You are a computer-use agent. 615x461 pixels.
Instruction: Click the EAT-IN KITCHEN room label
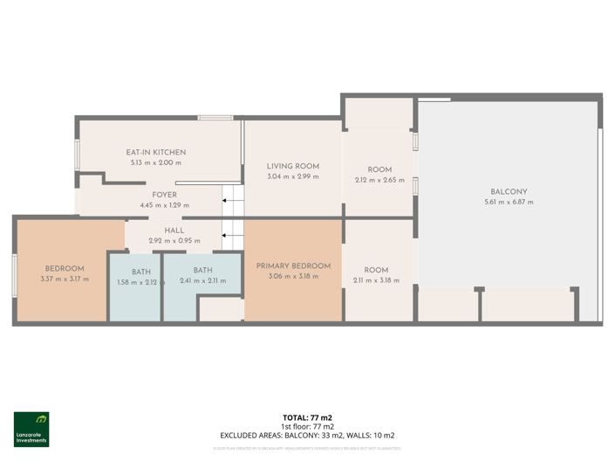[156, 152]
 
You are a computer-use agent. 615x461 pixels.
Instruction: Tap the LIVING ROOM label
[293, 166]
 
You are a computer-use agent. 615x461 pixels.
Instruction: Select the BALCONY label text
[509, 191]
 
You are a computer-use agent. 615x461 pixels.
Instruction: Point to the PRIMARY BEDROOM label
[293, 265]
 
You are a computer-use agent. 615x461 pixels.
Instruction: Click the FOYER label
[164, 195]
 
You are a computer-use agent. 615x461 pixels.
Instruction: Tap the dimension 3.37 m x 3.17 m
[65, 279]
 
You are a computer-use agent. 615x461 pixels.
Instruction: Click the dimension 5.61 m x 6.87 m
[509, 202]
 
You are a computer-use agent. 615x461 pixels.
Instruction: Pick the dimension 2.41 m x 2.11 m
[202, 280]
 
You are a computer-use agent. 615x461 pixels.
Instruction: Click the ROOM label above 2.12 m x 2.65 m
[379, 169]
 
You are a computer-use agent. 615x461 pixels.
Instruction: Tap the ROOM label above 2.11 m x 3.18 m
[376, 271]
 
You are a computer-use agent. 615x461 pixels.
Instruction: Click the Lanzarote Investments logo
[31, 429]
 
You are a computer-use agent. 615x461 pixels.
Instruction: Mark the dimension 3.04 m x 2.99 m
[293, 176]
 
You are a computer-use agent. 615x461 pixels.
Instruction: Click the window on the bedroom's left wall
[14, 276]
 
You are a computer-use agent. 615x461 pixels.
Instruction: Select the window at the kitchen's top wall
[215, 117]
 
